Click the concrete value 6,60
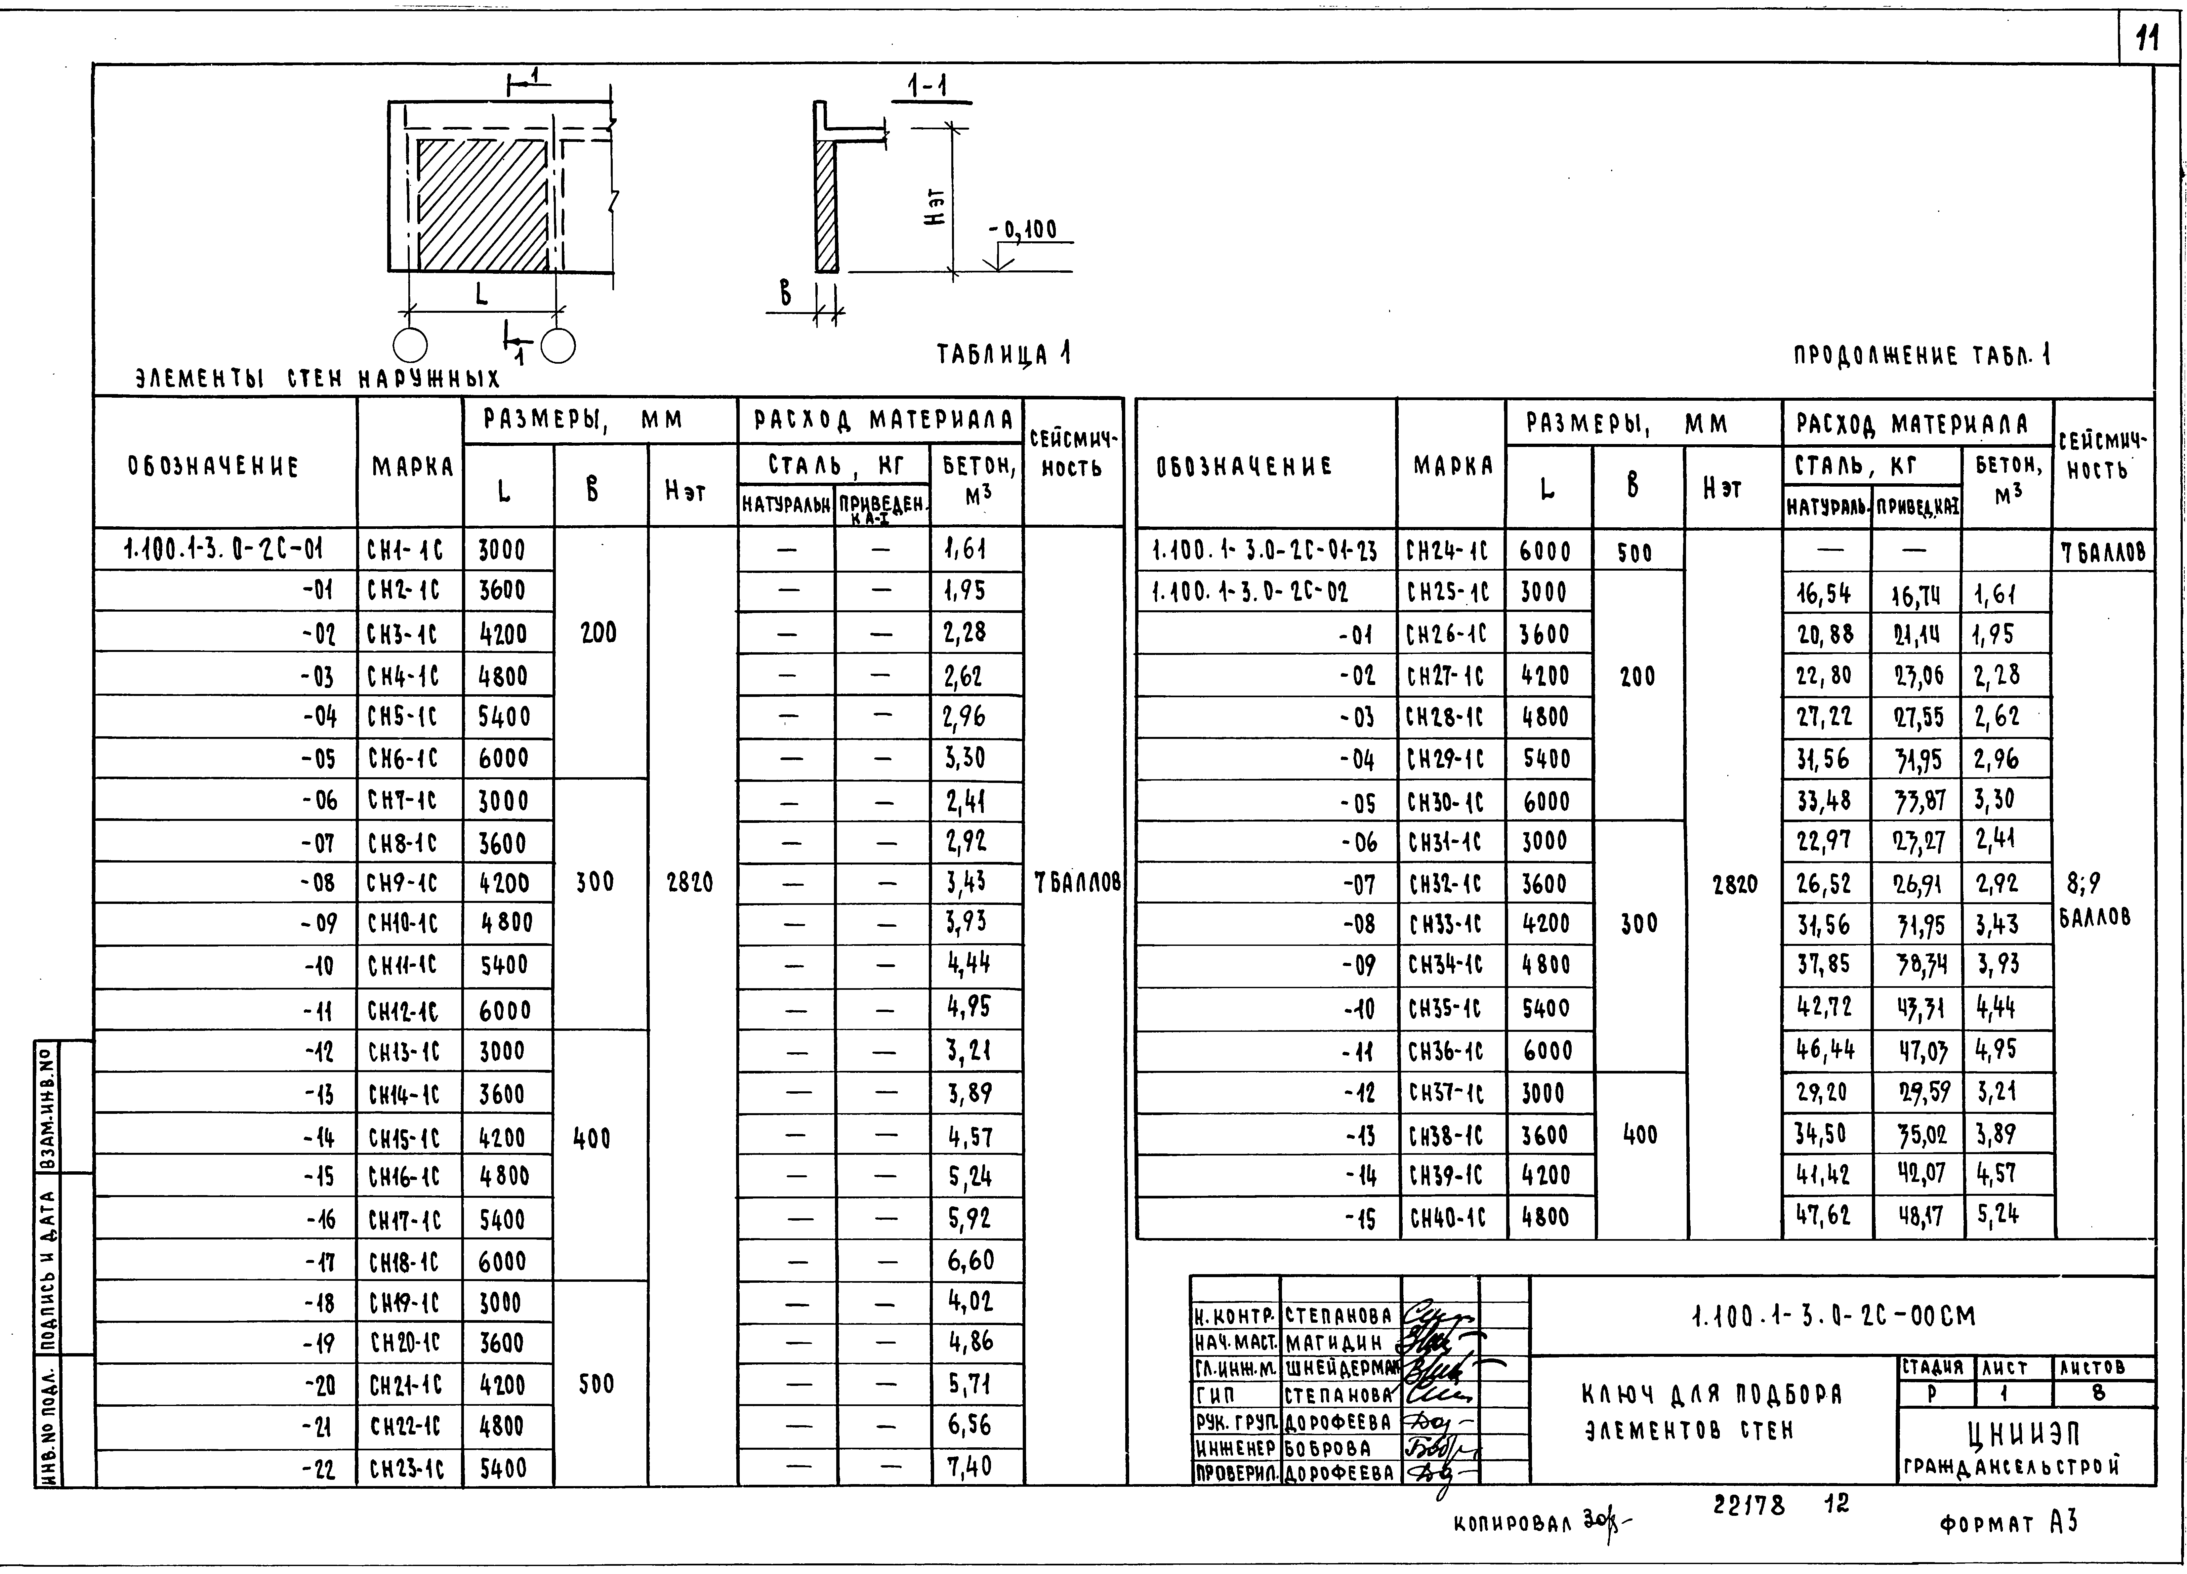pyautogui.click(x=969, y=1260)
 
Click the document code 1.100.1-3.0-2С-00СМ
pyautogui.click(x=1834, y=1317)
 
